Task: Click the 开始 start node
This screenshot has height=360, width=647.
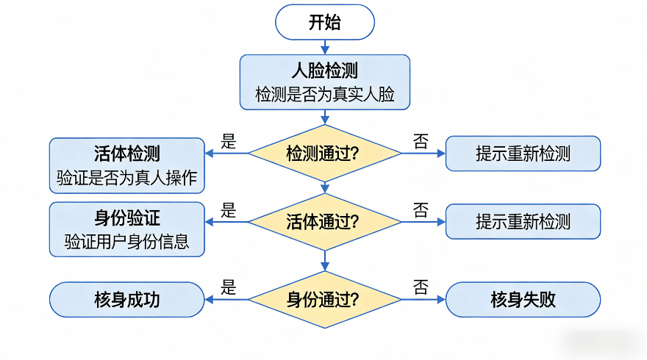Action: point(324,22)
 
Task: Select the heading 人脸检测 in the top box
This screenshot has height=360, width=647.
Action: point(324,71)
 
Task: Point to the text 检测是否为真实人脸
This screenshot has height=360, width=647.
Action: point(324,95)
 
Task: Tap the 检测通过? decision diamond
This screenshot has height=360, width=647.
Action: point(324,154)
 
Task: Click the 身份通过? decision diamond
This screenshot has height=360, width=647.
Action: point(324,300)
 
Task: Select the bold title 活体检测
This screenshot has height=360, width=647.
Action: point(127,154)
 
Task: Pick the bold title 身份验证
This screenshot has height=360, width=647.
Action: point(127,219)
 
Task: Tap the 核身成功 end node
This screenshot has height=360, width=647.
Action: point(126,300)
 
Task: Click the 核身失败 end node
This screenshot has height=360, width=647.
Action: point(523,300)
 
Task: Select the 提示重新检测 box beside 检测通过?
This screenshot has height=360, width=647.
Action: point(523,154)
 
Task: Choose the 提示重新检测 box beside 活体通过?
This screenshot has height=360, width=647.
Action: point(523,221)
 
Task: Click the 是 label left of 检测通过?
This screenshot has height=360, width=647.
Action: point(229,142)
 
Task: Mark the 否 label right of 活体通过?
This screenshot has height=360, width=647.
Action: point(421,211)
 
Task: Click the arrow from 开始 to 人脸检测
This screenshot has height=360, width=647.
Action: point(324,47)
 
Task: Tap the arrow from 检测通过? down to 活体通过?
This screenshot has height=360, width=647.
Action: point(324,186)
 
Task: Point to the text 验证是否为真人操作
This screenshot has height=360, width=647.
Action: point(127,179)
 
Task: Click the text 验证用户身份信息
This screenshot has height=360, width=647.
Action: point(127,242)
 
